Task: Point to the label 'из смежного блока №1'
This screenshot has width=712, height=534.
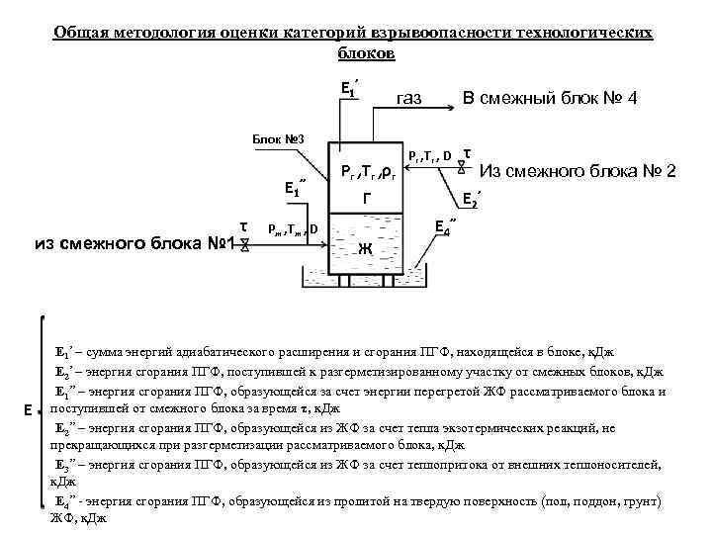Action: click(132, 242)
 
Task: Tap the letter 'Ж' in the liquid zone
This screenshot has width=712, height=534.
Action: click(367, 247)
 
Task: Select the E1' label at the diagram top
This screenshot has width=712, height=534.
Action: click(346, 88)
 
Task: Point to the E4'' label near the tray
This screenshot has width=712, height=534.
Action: click(446, 226)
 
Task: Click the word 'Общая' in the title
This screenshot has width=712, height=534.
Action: click(82, 32)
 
